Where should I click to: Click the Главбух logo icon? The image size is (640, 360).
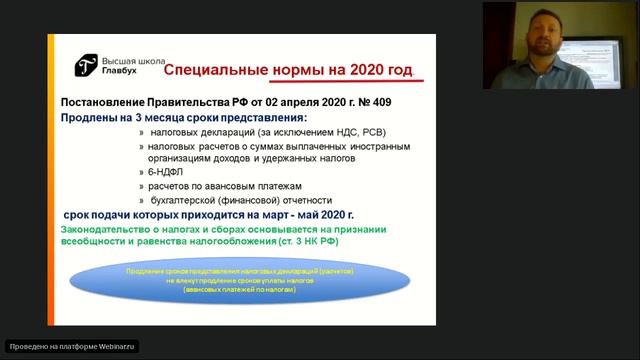tap(87, 66)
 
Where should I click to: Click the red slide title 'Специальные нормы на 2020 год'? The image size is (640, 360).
tap(287, 71)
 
